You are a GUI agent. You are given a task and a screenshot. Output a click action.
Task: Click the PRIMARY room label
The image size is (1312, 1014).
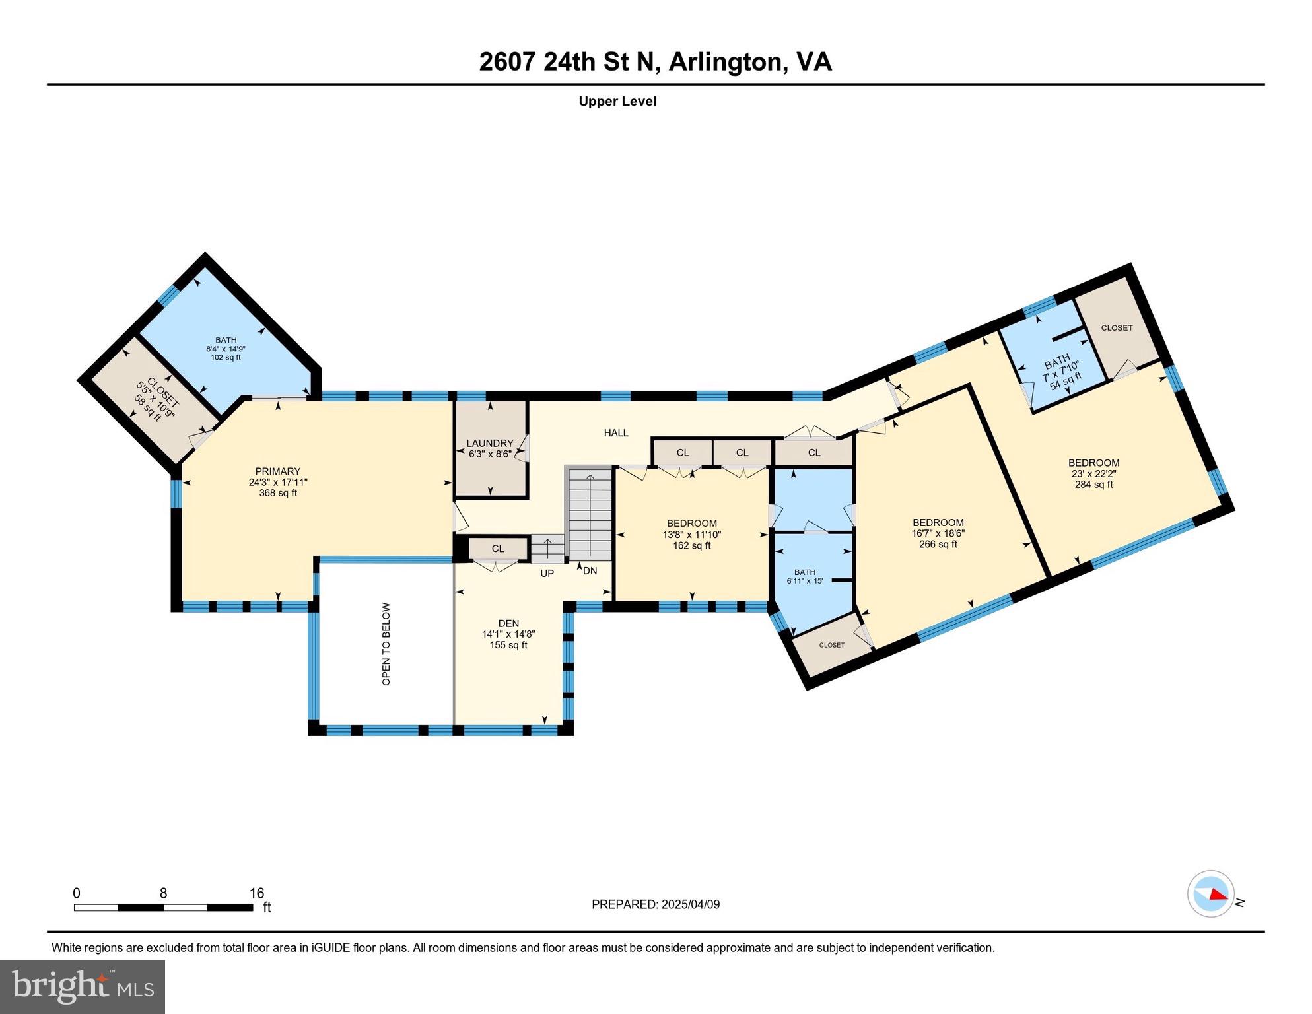coord(278,471)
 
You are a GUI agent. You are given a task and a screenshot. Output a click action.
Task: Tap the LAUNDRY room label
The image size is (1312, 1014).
coord(489,444)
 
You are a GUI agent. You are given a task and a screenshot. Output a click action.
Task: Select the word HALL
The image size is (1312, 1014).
coord(615,433)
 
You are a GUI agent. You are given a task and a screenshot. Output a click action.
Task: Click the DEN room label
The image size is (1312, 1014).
coord(508,623)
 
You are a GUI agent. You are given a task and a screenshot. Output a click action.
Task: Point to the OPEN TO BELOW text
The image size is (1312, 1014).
coord(386,644)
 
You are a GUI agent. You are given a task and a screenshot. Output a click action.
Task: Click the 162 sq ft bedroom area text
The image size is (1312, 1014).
coord(691,546)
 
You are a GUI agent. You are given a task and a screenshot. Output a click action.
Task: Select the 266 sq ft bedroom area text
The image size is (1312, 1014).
coord(938,545)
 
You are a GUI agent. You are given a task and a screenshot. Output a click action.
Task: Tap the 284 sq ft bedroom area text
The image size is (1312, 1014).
coord(1093,485)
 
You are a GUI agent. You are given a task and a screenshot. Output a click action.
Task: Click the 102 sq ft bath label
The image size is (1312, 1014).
coord(225,357)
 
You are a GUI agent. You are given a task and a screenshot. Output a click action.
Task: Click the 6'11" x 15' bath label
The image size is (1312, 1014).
coord(804,582)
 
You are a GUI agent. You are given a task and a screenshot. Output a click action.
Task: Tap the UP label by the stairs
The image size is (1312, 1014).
coord(547,574)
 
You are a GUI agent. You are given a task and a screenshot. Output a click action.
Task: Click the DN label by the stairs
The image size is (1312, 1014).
coord(590,570)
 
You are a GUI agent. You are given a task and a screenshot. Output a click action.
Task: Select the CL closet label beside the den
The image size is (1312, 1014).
coord(498,549)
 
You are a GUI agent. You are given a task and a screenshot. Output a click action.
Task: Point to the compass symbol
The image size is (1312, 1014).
coord(1210,894)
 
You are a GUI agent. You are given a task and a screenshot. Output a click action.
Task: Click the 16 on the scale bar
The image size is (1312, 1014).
coord(256,893)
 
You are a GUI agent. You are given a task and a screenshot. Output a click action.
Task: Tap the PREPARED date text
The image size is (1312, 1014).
coord(655,904)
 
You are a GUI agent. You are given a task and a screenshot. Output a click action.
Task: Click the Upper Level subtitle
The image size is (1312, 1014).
coord(617,101)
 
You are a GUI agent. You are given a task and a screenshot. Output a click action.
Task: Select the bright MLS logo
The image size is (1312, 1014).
coord(83,986)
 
